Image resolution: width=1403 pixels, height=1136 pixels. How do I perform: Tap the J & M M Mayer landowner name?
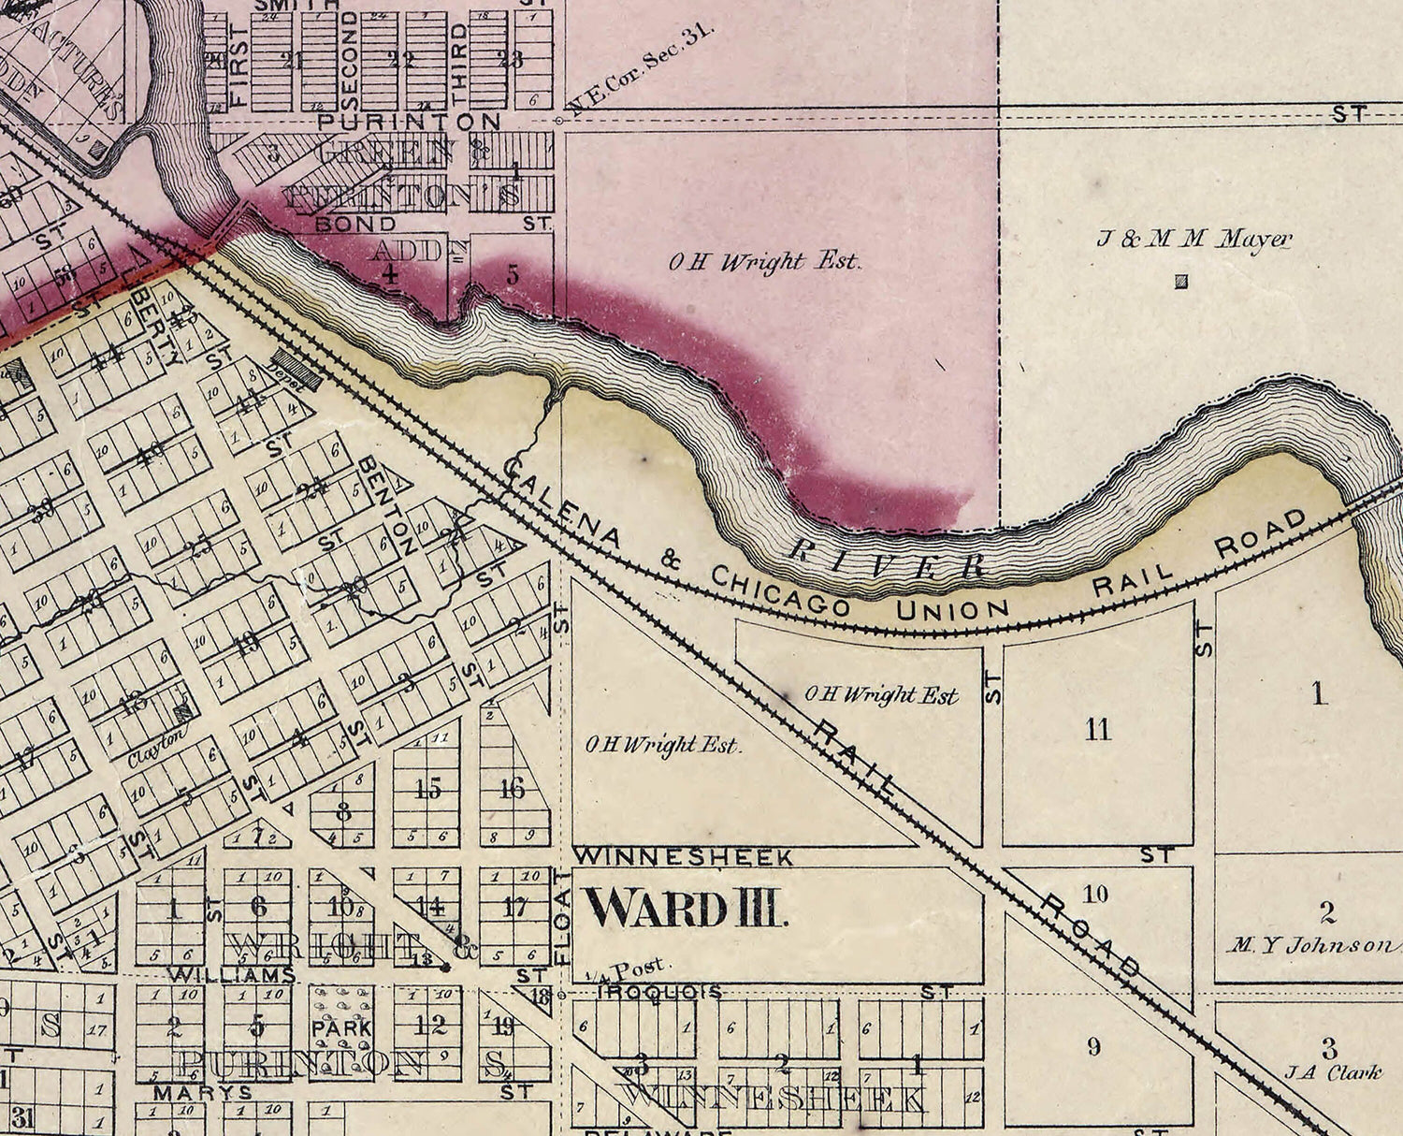tap(1193, 240)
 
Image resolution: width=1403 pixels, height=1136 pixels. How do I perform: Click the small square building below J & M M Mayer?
tap(1181, 281)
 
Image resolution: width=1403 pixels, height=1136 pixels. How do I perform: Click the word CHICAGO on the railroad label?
tap(780, 590)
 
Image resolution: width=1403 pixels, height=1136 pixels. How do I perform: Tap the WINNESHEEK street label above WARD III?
tap(683, 856)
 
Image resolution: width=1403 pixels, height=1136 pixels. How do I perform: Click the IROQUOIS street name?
tap(660, 991)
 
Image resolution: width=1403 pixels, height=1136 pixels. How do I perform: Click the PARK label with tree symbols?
tap(341, 1027)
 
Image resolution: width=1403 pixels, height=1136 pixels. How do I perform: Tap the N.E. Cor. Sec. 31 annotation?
tap(642, 70)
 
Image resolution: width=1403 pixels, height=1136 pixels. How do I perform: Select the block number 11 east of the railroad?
tap(1098, 729)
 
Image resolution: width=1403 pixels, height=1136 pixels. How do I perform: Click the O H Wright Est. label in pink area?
tap(763, 262)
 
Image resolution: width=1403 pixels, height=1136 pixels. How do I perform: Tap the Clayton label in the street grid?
tap(155, 749)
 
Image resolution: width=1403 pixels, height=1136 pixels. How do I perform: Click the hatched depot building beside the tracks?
tap(297, 371)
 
